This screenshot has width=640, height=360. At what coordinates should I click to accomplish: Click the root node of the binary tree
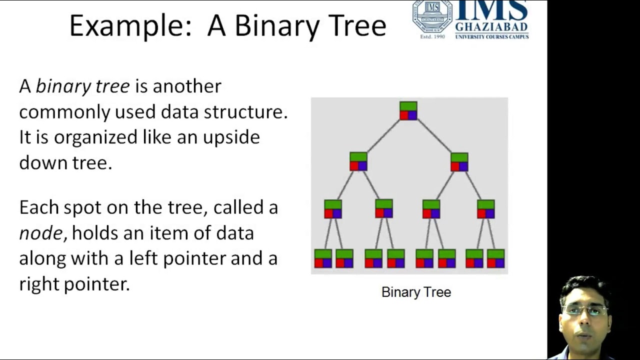click(x=408, y=110)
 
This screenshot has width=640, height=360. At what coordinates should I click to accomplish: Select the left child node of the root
click(x=358, y=161)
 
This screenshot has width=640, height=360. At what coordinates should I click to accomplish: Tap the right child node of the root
click(x=459, y=162)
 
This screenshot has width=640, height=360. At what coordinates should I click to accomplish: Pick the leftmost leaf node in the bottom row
click(x=323, y=258)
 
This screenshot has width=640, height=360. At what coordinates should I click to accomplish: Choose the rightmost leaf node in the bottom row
click(x=495, y=258)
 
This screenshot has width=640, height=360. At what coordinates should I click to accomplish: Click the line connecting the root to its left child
click(x=383, y=136)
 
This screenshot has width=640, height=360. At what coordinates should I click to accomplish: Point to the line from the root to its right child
click(x=434, y=136)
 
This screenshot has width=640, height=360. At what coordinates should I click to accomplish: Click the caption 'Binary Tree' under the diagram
click(x=416, y=292)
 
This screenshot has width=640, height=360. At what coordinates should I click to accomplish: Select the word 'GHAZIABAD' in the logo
click(x=491, y=27)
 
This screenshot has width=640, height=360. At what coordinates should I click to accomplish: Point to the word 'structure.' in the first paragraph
click(x=245, y=111)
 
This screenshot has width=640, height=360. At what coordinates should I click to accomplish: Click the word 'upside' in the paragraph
click(x=231, y=137)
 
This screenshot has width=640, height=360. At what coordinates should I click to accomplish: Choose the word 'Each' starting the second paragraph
click(x=39, y=207)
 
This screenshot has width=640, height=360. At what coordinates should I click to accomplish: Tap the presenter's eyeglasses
click(x=584, y=310)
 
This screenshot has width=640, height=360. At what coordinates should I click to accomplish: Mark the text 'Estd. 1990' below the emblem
click(x=432, y=36)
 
